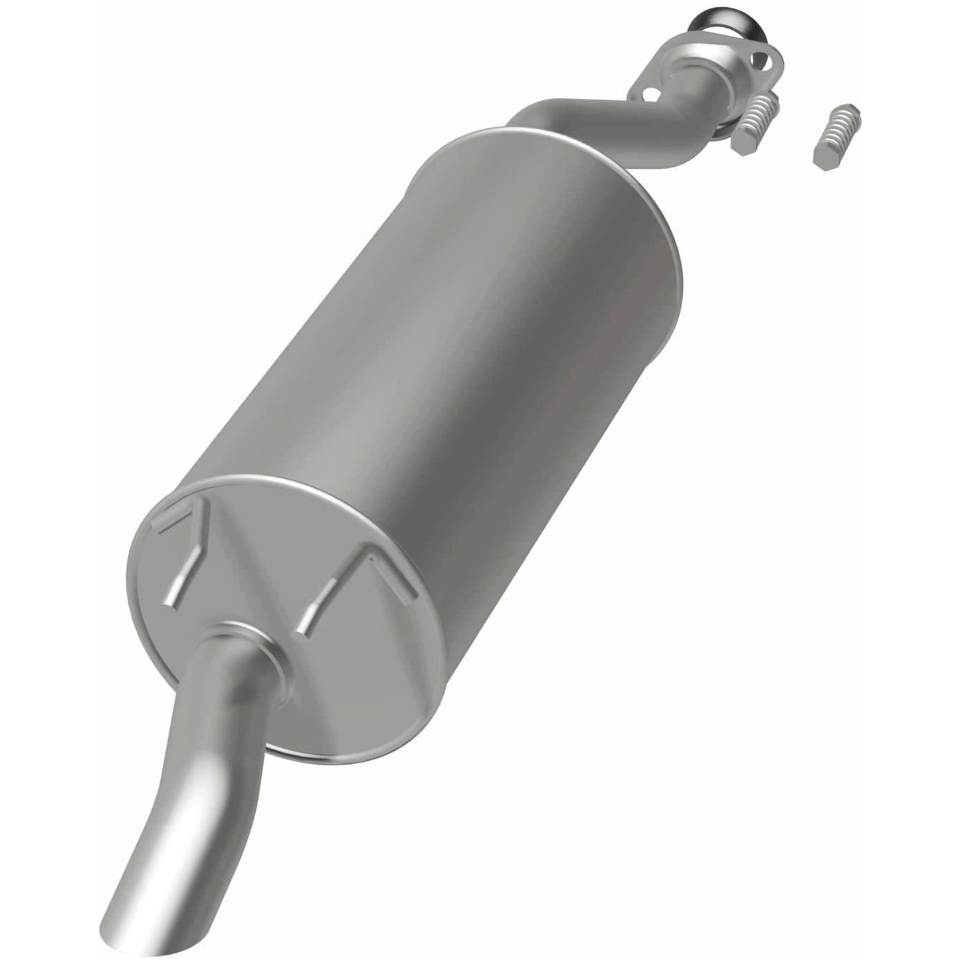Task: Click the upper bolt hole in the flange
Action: pos(771,65)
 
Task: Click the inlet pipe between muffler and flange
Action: pos(585,113)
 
